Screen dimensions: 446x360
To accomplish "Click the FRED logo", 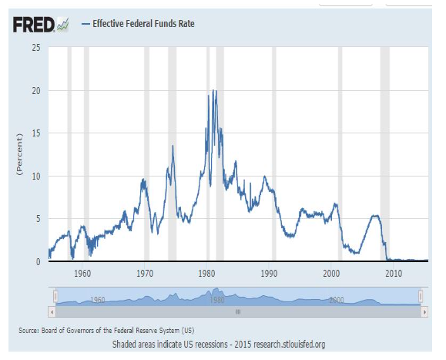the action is (x=41, y=25).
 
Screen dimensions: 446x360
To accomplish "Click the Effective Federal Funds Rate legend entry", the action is (x=138, y=24).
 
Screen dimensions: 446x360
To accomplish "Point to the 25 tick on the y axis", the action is (x=36, y=48).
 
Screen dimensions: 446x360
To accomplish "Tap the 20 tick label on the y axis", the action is (x=36, y=91).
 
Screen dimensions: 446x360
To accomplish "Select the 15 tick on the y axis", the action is (x=36, y=133).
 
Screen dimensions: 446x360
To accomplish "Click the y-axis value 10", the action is (x=36, y=177).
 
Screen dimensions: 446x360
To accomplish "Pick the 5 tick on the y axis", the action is (x=38, y=219).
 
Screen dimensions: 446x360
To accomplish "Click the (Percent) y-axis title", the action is (x=19, y=154).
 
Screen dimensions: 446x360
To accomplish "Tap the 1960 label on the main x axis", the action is (x=82, y=274).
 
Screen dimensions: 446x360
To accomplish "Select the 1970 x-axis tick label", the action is (x=145, y=274).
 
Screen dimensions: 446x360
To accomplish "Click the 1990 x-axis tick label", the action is (x=269, y=274).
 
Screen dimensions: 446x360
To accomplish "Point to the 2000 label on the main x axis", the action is (x=331, y=274).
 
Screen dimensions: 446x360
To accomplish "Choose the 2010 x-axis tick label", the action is (x=394, y=274).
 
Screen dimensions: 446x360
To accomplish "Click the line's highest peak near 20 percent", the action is (x=213, y=90).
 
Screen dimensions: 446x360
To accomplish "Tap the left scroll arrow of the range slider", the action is (x=52, y=312).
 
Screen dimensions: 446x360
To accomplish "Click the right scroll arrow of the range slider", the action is (x=424, y=312).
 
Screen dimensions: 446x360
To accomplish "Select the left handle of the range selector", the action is (x=55, y=296).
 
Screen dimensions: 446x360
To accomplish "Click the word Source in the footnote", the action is (x=28, y=331).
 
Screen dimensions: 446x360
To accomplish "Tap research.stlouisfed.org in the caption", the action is (x=290, y=345).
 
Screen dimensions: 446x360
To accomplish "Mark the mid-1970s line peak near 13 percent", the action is (x=173, y=146).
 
